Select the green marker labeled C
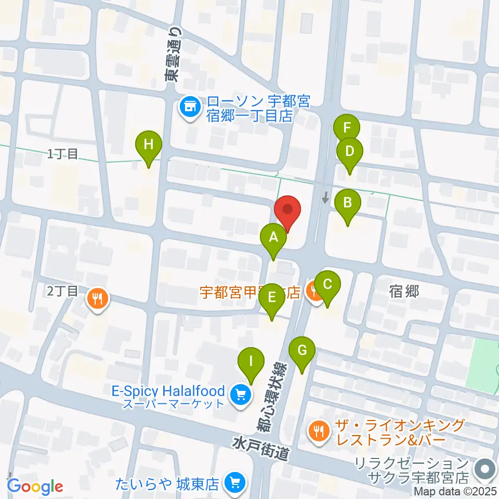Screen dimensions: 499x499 [327, 285]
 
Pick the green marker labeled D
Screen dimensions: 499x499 [350, 152]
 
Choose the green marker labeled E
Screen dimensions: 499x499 [271, 298]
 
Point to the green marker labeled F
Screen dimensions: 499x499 [347, 128]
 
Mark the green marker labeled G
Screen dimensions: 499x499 [302, 351]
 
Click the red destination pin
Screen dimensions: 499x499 [288, 211]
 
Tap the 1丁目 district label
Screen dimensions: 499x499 [62, 154]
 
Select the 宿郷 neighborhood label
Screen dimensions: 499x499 [404, 291]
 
